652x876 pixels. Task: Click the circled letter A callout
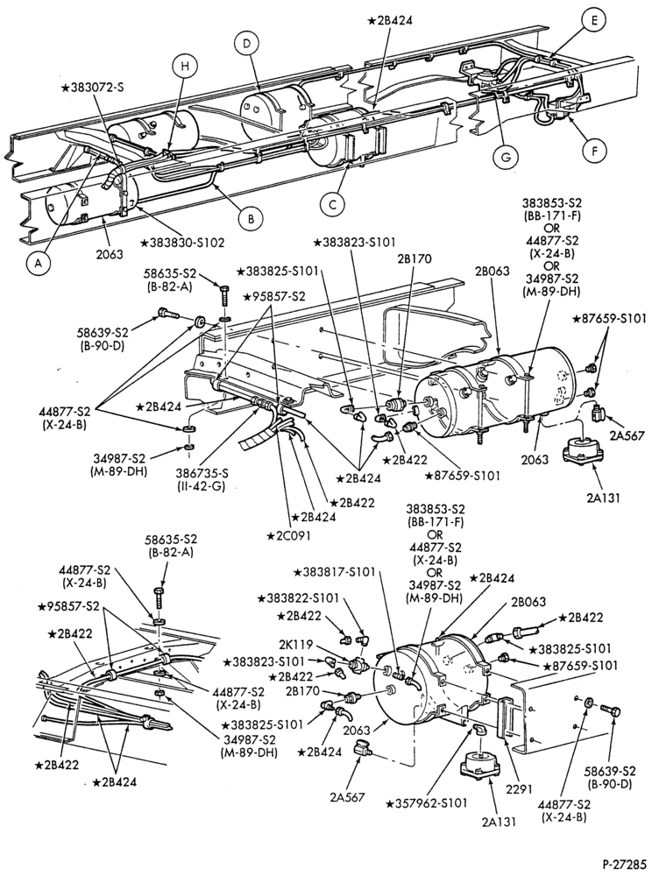(x=38, y=266)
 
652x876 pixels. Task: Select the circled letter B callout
(x=251, y=219)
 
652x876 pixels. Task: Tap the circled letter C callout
(x=333, y=204)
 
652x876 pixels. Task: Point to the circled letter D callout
(x=247, y=43)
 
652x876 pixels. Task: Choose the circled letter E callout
(x=594, y=21)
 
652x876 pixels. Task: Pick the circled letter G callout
(x=506, y=158)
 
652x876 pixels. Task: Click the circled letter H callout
(x=184, y=67)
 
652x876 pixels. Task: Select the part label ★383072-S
(x=94, y=88)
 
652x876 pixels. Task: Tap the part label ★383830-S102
(x=182, y=243)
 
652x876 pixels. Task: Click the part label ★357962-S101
(x=428, y=804)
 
